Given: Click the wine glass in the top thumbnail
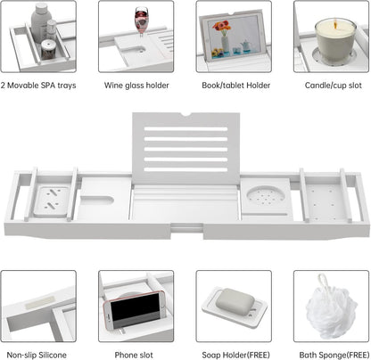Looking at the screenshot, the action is tap(141, 21).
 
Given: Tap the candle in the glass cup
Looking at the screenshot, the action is tap(335, 39).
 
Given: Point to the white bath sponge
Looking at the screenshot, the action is tap(331, 309).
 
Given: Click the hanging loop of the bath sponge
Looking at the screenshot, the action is tap(323, 283).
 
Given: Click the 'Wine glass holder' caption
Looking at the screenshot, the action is tap(136, 86).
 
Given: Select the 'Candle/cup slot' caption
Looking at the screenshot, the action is tap(334, 86).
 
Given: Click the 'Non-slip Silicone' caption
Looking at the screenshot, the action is tap(37, 355).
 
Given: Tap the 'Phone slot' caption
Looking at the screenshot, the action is tap(134, 355).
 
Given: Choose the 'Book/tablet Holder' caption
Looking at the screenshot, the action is tap(236, 86).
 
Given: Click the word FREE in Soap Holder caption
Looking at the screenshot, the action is tap(258, 355).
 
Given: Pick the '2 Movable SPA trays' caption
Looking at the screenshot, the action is tap(38, 86).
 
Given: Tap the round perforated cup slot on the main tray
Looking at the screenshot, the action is tap(266, 196).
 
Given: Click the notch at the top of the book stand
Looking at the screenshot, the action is tap(186, 114).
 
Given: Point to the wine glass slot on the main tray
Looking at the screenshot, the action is tap(97, 200).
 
